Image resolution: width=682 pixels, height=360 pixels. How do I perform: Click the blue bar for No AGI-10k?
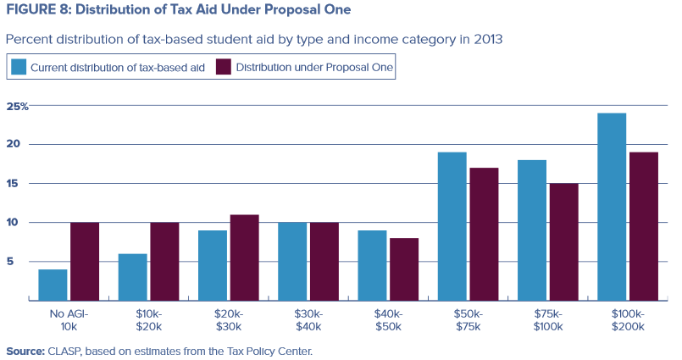[x=53, y=285]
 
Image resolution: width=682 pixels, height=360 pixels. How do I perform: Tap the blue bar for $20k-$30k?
[x=213, y=265]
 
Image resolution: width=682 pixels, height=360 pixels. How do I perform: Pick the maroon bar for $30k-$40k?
[x=324, y=261]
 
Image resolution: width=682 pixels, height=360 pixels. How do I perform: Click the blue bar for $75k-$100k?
[x=533, y=230]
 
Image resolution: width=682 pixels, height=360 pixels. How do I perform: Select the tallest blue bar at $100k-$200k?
[x=612, y=207]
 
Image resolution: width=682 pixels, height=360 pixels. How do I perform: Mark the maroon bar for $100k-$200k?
[x=644, y=226]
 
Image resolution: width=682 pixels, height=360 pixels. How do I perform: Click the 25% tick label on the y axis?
[x=18, y=106]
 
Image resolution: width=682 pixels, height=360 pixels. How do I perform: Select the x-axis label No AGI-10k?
[x=69, y=318]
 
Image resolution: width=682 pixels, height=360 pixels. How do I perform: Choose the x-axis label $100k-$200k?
[x=628, y=318]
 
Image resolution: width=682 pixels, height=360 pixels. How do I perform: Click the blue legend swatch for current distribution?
[x=19, y=67]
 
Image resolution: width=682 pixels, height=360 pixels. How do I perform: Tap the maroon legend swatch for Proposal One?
[x=224, y=67]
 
